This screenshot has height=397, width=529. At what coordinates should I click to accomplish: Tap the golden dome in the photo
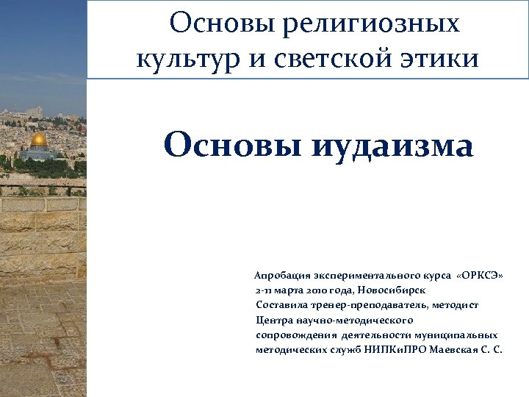point(39,139)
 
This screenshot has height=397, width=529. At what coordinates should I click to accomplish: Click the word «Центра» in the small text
point(273,320)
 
